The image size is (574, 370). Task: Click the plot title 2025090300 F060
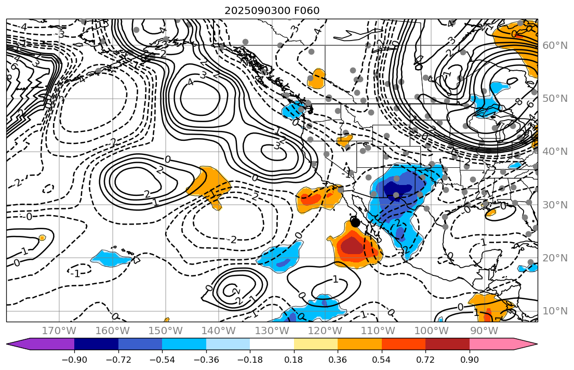tap(272, 10)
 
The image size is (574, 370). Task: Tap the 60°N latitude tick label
tap(555, 45)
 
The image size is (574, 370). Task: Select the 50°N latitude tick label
tap(555, 98)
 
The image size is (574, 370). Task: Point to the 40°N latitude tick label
tap(555, 151)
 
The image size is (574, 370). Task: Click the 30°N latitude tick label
tap(555, 205)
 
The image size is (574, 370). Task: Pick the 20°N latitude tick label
tap(555, 258)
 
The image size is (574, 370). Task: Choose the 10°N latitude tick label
tap(555, 311)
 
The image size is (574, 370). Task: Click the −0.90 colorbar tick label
tap(74, 360)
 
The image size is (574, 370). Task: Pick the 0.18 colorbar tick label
tap(294, 360)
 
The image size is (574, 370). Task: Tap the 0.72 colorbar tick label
tap(425, 360)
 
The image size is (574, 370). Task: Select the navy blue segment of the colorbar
tap(96, 344)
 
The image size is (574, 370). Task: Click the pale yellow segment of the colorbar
tap(316, 344)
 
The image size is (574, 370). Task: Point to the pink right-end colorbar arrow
tap(527, 344)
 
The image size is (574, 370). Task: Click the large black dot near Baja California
tap(355, 222)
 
